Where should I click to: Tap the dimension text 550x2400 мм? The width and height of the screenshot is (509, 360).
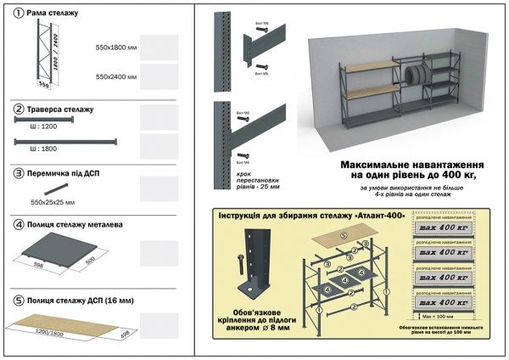[x=116, y=76]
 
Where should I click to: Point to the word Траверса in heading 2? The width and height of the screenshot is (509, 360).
[x=47, y=110]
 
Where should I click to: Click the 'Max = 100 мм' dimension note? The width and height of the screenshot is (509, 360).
[x=438, y=317]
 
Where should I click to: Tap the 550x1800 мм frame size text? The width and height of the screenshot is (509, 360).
[x=116, y=48]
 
